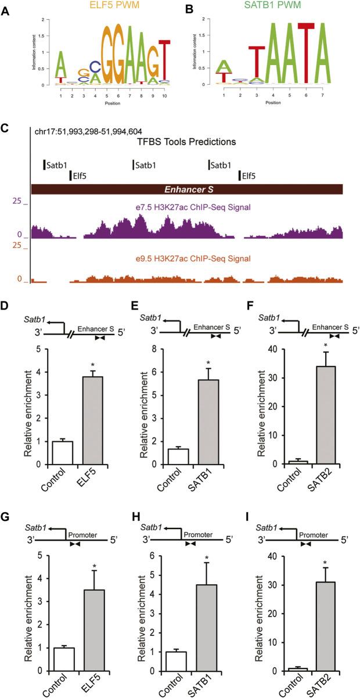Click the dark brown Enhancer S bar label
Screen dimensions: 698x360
[187, 189]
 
